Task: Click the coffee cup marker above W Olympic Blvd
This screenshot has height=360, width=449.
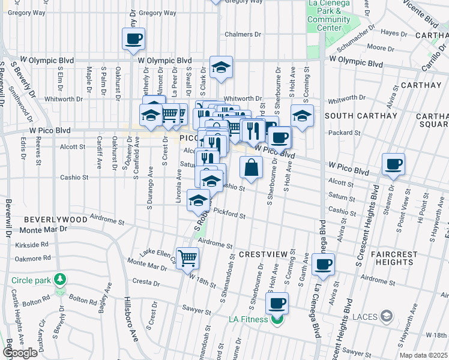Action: tap(133, 40)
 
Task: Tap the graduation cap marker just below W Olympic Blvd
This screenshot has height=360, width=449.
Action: tap(221, 68)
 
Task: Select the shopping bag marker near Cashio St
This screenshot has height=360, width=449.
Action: tap(251, 168)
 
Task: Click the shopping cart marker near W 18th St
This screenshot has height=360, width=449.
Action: tap(188, 258)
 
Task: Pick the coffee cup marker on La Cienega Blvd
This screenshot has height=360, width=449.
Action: tap(323, 265)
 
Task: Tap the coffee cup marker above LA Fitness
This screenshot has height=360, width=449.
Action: tap(277, 304)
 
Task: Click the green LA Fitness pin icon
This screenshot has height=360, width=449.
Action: tap(276, 320)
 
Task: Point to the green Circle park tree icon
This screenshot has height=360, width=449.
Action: tap(59, 280)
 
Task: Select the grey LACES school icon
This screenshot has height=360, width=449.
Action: tap(387, 316)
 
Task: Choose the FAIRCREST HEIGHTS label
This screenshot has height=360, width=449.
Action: tap(399, 259)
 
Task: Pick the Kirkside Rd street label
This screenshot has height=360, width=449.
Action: tap(32, 245)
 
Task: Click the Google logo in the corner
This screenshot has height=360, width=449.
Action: tap(19, 353)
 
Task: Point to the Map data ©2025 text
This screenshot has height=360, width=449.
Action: tap(424, 356)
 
